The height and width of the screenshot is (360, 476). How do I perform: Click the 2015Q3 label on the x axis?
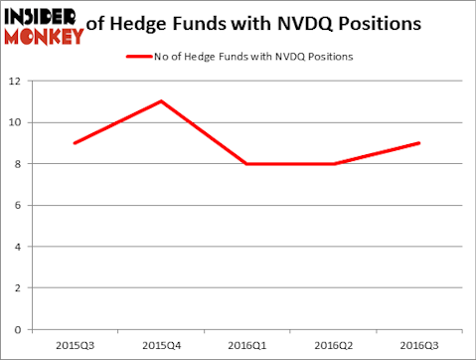75,346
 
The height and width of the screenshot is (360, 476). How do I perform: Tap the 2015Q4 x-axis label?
161,346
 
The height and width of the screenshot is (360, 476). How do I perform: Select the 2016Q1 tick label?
247,346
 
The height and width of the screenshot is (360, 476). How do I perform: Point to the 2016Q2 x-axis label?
333,346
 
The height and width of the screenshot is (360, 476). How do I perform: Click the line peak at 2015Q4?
161,101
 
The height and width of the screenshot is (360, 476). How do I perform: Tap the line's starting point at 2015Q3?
75,143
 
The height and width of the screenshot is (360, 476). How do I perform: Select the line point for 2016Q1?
247,164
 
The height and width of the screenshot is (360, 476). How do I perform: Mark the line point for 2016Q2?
333,164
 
